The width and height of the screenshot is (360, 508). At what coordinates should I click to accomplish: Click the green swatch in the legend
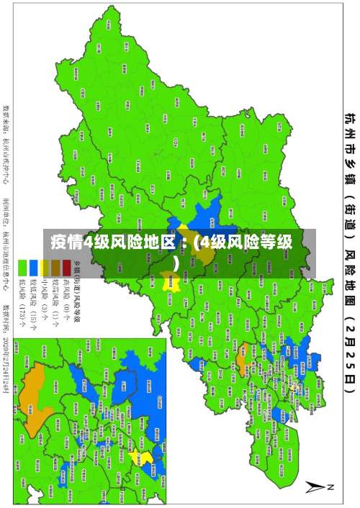(22, 268)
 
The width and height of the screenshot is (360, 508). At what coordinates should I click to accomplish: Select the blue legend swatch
(33, 268)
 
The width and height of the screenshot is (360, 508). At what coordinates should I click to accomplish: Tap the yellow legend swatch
(44, 268)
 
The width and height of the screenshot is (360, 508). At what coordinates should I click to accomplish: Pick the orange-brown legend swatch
(55, 268)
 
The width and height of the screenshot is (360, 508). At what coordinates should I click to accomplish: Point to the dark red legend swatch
(66, 268)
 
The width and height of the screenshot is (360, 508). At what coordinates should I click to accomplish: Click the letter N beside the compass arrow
(333, 488)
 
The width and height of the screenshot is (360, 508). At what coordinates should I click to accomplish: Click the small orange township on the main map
(242, 353)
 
